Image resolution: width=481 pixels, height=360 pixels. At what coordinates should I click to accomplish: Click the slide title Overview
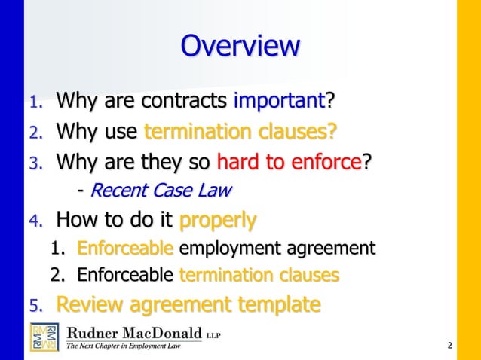240,47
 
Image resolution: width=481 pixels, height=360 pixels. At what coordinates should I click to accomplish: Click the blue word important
280,99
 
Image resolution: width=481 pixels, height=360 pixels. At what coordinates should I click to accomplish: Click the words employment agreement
277,248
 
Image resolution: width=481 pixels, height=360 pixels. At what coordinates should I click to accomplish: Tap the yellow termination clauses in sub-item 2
259,275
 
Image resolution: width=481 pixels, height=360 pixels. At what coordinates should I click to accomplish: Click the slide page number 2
449,346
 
